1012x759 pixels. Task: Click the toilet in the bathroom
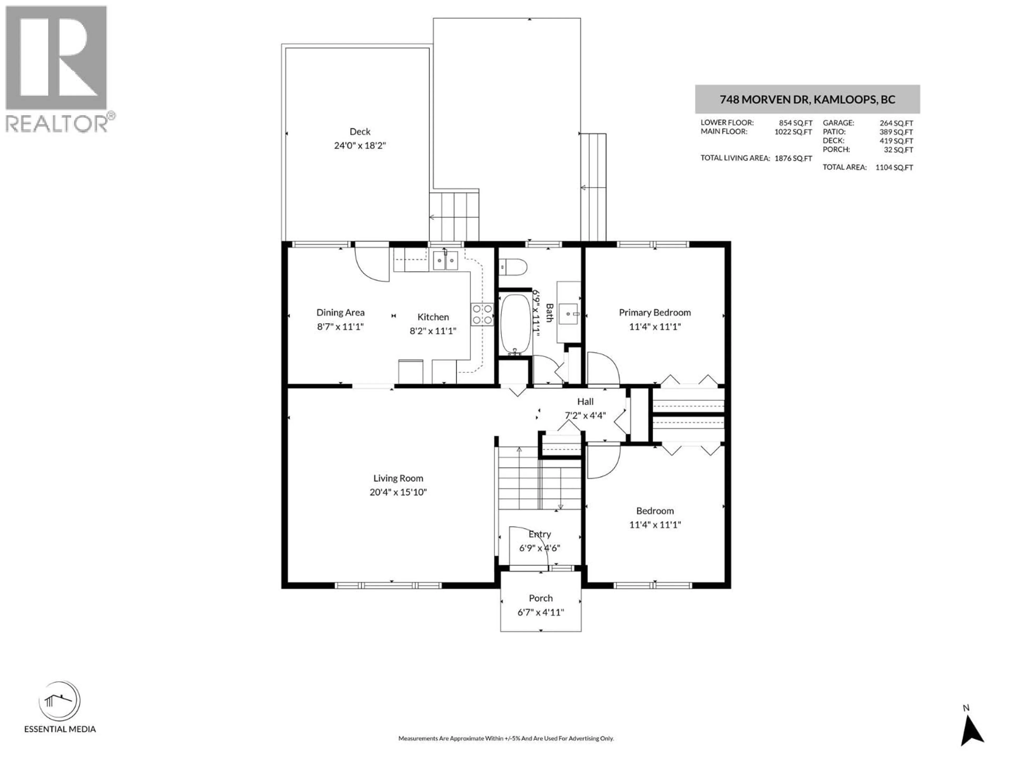pyautogui.click(x=513, y=267)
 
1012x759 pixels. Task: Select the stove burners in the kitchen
pyautogui.click(x=482, y=315)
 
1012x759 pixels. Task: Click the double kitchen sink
pyautogui.click(x=445, y=261)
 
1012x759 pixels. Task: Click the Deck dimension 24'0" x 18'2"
pyautogui.click(x=360, y=145)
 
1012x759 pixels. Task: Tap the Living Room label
pyautogui.click(x=398, y=478)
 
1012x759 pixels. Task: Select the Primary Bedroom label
pyautogui.click(x=655, y=313)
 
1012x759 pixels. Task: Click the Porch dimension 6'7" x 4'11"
pyautogui.click(x=541, y=612)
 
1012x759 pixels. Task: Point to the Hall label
pyautogui.click(x=585, y=402)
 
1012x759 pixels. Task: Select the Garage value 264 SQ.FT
pyautogui.click(x=896, y=123)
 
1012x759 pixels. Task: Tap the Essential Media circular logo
pyautogui.click(x=60, y=701)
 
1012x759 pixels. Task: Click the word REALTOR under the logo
pyautogui.click(x=57, y=124)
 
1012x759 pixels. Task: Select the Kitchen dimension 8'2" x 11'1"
pyautogui.click(x=433, y=331)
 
